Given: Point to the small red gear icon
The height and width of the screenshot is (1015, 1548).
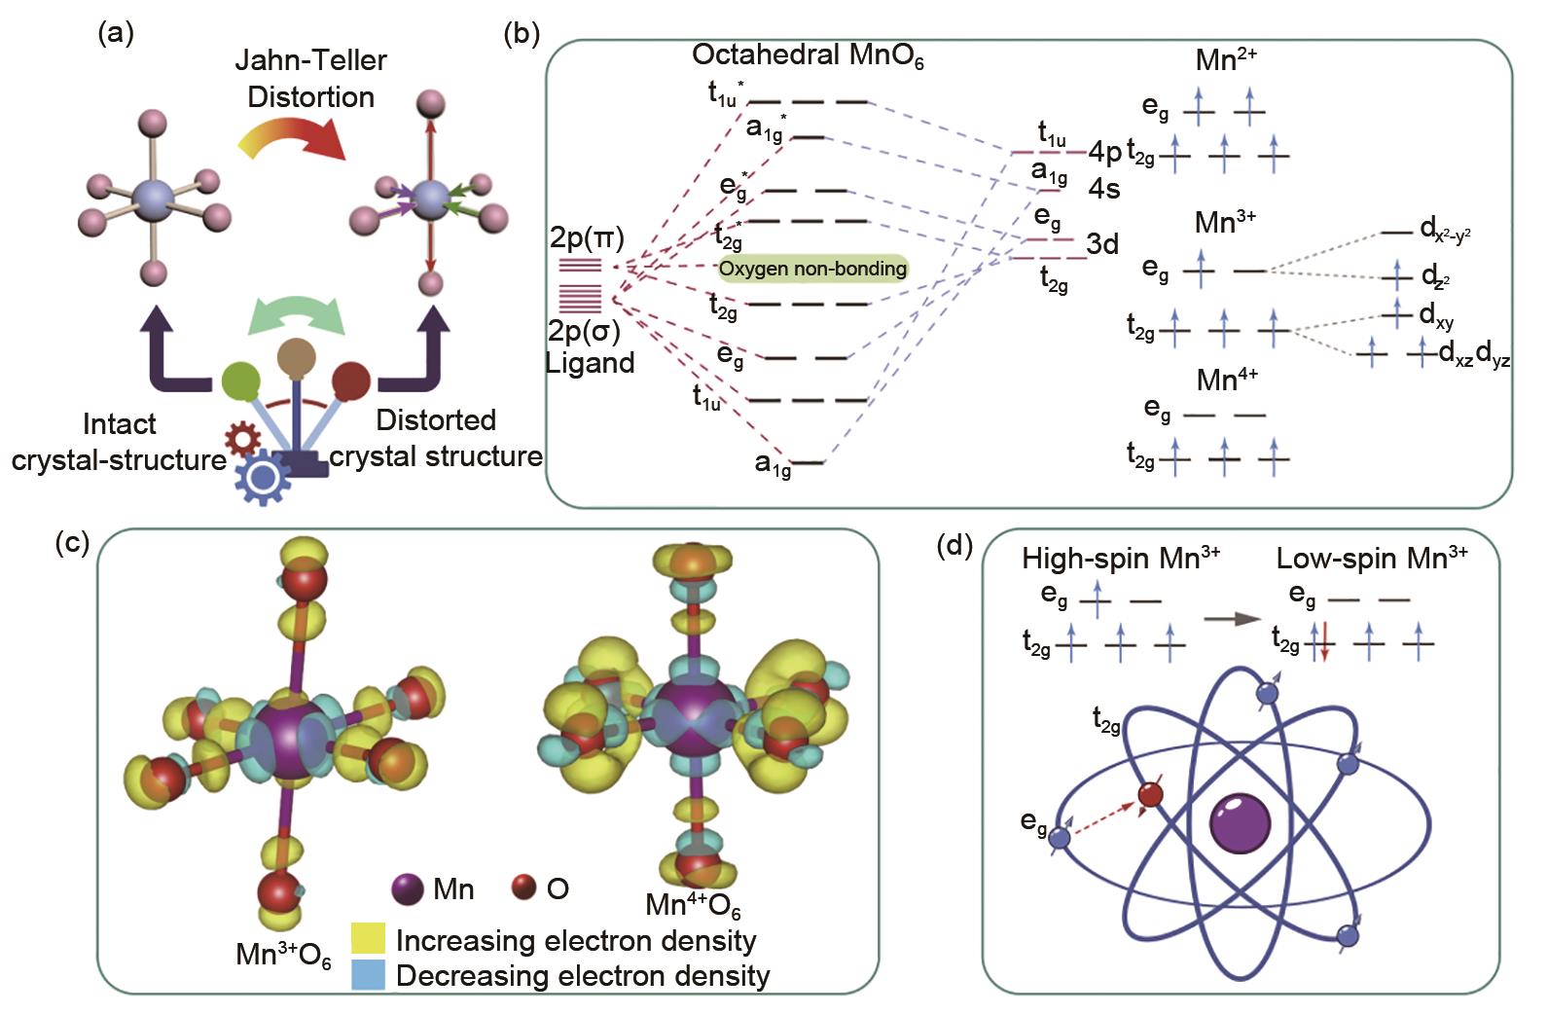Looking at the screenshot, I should tap(240, 439).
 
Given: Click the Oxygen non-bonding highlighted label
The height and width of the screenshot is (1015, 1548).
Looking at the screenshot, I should tap(812, 269).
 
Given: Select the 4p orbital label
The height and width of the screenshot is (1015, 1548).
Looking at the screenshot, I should tap(1105, 152).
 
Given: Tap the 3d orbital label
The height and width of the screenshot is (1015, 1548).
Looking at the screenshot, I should tap(1101, 244).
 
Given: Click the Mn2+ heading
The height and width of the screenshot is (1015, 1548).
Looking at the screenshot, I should tap(1226, 60).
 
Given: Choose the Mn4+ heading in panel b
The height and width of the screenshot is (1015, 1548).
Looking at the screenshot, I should tap(1228, 380).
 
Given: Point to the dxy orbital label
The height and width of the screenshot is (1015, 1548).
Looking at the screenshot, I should tap(1436, 315).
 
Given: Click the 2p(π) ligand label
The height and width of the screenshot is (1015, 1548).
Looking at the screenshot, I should tap(587, 237).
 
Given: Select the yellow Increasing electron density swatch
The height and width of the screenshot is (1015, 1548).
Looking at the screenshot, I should tap(368, 939).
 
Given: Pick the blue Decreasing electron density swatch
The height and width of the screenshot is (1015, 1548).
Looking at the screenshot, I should tap(368, 974).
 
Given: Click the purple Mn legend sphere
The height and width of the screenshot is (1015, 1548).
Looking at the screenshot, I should tap(407, 888).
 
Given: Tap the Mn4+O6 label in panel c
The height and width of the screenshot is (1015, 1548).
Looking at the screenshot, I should tap(693, 905).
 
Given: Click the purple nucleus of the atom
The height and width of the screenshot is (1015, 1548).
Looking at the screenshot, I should tap(1240, 821).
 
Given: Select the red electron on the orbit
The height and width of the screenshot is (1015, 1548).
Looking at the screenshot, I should tap(1150, 794).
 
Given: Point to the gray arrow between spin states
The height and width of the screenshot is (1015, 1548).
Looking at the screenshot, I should tap(1233, 618).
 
